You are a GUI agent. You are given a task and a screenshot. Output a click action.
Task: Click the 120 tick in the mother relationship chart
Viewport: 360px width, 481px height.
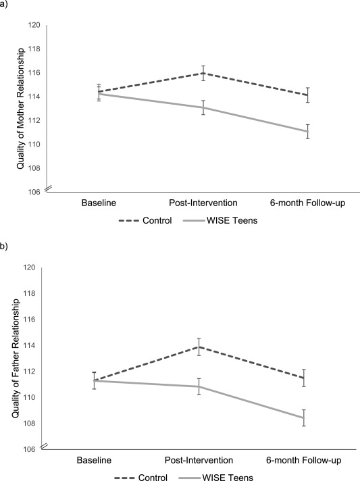(34, 25)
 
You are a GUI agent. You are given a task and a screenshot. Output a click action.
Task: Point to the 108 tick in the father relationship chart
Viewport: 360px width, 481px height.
(29, 424)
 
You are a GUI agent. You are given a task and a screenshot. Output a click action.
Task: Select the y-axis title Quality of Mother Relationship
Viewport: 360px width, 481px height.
(20, 108)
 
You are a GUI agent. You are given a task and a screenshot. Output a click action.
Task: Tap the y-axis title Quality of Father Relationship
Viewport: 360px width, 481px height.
(16, 358)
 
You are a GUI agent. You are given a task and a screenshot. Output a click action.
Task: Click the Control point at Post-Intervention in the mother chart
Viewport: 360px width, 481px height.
(203, 74)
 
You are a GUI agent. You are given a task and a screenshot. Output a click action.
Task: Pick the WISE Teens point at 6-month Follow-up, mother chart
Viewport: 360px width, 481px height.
(307, 132)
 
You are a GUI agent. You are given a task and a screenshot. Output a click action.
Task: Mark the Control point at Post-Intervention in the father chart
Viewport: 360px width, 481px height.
(199, 347)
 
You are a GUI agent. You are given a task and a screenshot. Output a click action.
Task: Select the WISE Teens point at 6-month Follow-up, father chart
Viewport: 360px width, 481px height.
(303, 417)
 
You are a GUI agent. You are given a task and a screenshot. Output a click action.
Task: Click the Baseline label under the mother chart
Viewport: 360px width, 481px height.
(99, 203)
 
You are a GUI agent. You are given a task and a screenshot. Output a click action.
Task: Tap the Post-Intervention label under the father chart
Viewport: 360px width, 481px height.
(199, 460)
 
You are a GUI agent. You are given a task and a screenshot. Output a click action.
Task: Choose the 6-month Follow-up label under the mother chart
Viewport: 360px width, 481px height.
(307, 203)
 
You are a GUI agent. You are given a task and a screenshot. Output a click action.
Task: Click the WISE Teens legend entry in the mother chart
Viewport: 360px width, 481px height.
(220, 220)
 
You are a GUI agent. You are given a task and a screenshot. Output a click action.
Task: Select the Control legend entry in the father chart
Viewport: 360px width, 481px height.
(140, 478)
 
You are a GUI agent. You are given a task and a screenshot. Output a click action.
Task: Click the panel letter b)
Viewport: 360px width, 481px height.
(3, 247)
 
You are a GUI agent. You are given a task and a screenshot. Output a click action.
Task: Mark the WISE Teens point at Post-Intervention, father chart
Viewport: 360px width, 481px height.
(199, 386)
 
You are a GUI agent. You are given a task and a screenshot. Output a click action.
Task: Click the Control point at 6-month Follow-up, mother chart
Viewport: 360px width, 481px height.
(307, 95)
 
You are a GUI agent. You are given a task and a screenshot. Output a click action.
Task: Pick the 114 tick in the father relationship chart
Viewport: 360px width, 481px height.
(29, 345)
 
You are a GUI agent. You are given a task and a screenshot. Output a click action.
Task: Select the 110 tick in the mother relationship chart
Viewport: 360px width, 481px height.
(34, 144)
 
